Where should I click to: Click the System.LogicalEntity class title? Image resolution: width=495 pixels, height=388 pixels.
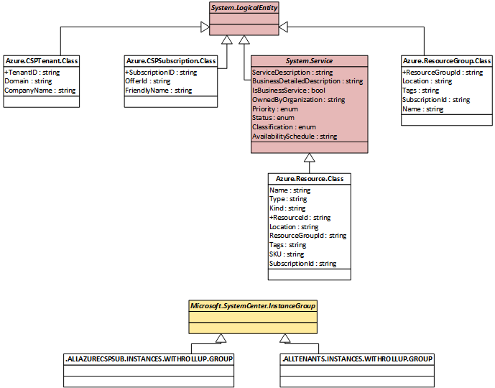[244, 8]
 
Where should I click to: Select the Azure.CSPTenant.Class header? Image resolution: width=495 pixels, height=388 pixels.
[42, 60]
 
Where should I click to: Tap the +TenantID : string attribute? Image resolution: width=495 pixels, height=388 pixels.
[32, 73]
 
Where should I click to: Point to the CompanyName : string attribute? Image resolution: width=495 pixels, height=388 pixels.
[40, 91]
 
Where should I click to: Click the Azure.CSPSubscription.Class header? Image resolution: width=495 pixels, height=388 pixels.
[171, 60]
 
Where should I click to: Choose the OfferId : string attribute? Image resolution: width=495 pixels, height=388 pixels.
[148, 81]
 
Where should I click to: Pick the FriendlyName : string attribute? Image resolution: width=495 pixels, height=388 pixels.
[159, 91]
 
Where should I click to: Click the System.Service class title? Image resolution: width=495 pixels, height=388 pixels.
[309, 60]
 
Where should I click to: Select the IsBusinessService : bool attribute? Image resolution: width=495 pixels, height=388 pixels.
[289, 91]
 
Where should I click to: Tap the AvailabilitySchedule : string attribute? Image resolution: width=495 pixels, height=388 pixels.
[295, 137]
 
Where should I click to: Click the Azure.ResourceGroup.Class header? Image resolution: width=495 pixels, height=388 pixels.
[447, 60]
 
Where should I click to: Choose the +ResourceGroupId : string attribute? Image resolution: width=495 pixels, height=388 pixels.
[443, 73]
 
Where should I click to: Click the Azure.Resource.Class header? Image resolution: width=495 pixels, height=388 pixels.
[310, 179]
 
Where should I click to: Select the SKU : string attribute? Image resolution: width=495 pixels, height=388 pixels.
[287, 254]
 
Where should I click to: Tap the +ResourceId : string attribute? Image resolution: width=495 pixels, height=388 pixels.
[300, 218]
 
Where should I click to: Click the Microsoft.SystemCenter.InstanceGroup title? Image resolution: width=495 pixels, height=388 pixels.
[253, 306]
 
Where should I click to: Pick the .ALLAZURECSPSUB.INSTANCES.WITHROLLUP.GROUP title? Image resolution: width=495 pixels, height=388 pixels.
[149, 359]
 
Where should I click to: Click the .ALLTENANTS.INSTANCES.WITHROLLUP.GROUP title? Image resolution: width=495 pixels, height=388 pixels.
[357, 359]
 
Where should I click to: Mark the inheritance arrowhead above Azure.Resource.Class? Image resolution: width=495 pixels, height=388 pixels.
[310, 158]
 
